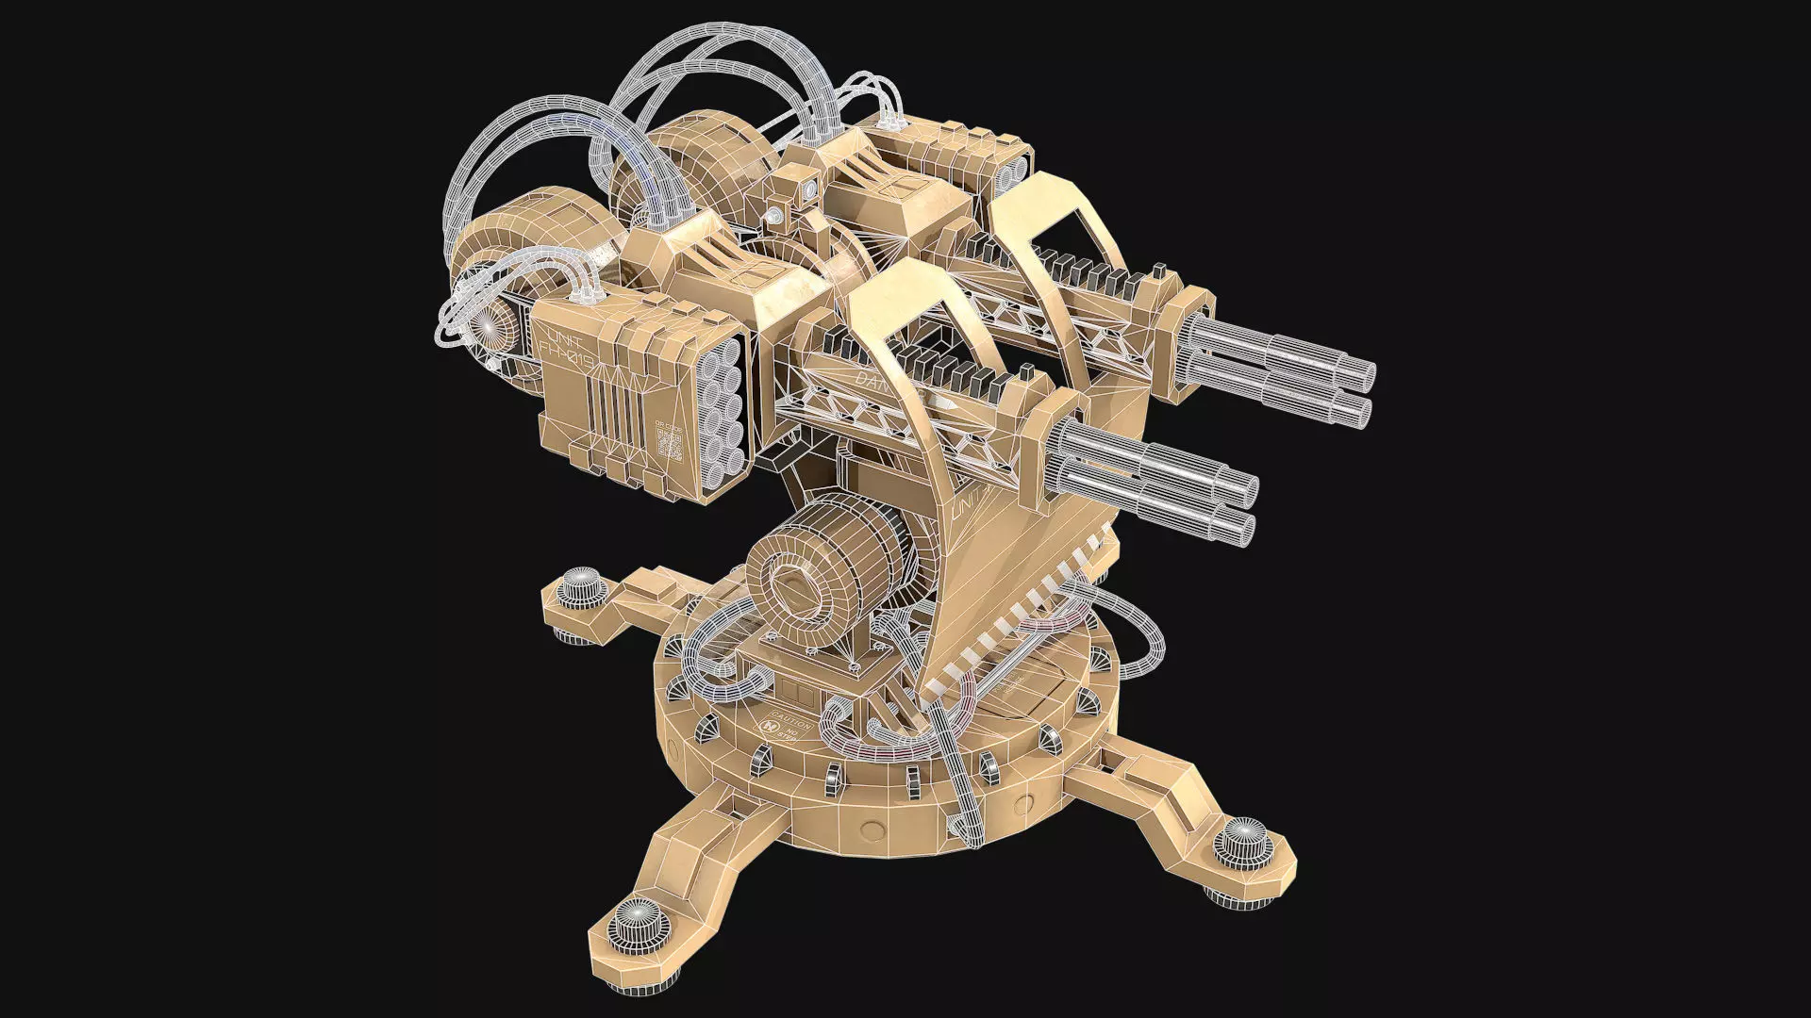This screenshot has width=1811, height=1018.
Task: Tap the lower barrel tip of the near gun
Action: pyautogui.click(x=1243, y=528)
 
